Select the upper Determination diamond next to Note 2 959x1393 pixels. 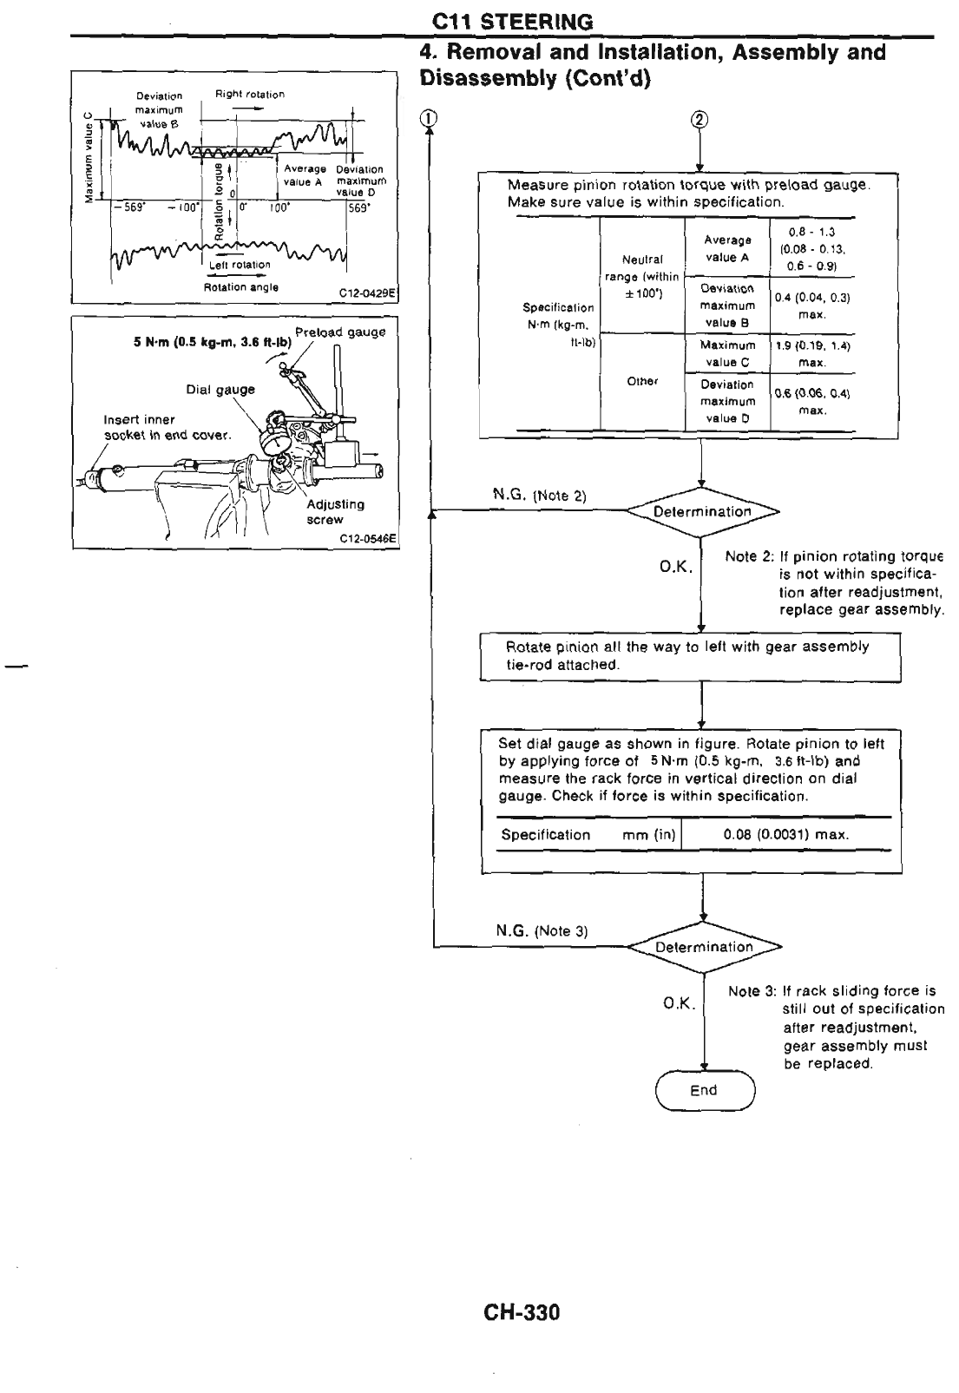702,511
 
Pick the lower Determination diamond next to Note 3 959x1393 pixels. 703,947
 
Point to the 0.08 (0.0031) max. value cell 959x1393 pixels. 785,835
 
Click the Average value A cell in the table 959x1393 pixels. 727,248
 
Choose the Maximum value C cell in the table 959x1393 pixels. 727,353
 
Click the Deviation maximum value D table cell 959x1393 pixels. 727,401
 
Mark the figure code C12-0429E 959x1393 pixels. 369,292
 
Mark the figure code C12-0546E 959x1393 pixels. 368,537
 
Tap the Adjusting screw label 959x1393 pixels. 335,512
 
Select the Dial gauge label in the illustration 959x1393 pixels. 220,390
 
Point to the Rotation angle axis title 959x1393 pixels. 240,287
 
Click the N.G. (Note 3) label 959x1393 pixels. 542,931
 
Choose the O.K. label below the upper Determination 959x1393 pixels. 675,567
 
